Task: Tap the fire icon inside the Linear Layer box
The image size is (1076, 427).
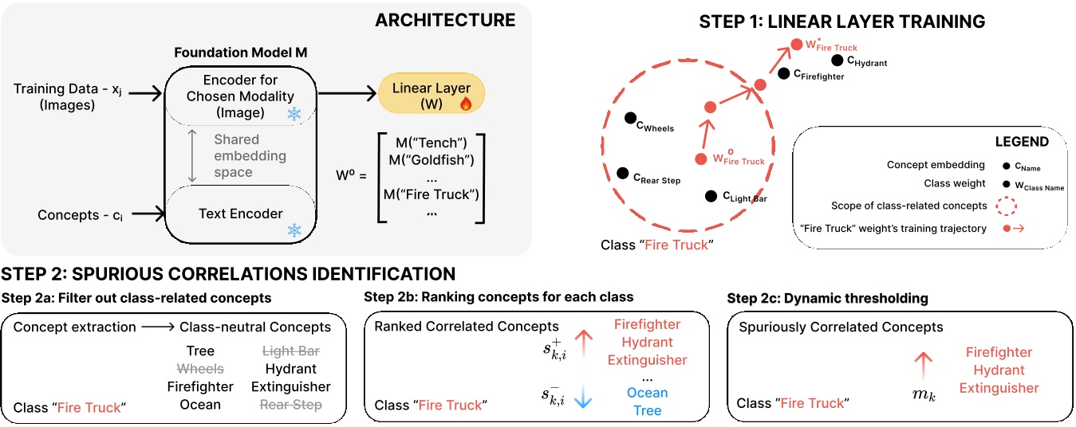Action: pos(466,104)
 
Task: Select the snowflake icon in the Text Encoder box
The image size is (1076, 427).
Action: pos(294,230)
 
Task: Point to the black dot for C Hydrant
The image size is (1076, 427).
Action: pos(837,60)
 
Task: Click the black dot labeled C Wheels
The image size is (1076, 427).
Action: pos(630,118)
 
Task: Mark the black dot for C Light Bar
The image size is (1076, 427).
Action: pos(710,195)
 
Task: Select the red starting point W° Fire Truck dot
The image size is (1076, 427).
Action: pos(701,159)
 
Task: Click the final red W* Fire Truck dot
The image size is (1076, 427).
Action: pos(794,44)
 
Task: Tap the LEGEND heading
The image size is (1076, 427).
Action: pos(1021,142)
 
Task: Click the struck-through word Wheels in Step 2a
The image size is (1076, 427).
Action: pos(200,369)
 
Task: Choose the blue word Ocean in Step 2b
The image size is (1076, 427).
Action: pos(647,393)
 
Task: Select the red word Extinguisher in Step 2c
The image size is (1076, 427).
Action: pos(999,388)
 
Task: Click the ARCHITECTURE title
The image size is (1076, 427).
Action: pos(445,20)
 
